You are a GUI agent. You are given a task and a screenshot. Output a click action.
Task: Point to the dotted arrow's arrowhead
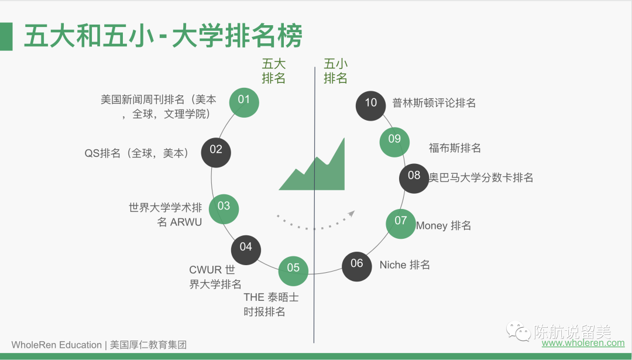(x=351, y=214)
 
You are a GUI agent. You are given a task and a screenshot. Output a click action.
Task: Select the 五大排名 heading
(x=273, y=71)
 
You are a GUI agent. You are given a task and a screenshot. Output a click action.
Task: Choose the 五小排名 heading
(x=336, y=71)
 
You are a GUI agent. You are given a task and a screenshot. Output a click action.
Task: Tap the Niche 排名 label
(x=405, y=265)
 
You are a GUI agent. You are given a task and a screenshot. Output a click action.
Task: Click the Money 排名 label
(x=444, y=225)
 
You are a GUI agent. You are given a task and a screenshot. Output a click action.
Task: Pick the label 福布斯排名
(x=455, y=148)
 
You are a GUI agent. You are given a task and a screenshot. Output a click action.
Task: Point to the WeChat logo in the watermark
(x=518, y=332)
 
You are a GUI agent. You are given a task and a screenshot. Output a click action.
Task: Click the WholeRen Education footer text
(x=57, y=345)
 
